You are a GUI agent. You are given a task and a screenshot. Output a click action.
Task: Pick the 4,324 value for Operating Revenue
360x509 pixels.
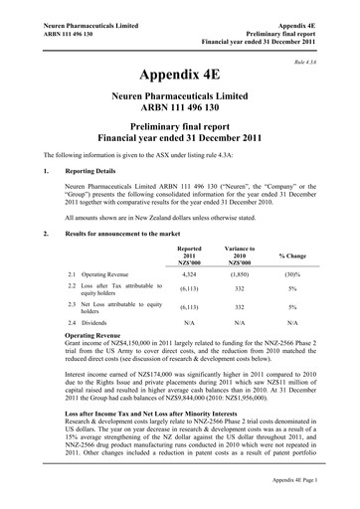188,271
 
